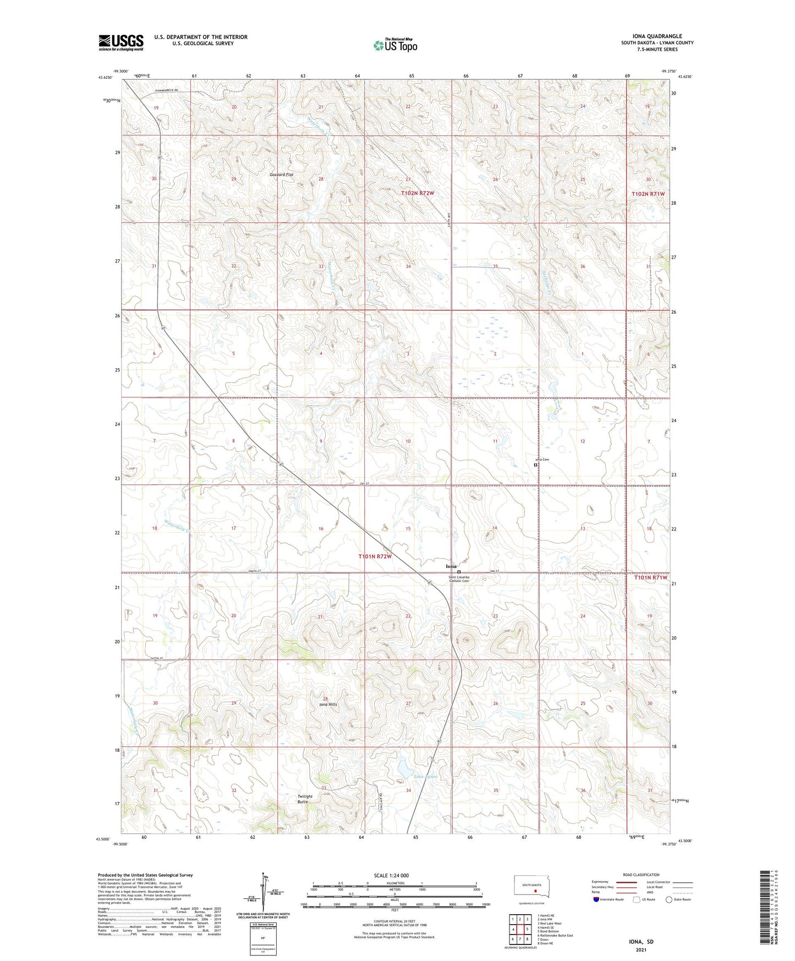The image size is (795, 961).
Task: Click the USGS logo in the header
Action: tap(121, 42)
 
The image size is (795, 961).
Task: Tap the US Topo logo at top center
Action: tap(395, 45)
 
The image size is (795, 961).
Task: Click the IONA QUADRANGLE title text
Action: tap(657, 36)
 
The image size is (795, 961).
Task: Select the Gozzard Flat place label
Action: tap(281, 174)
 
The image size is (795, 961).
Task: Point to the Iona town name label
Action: tap(451, 566)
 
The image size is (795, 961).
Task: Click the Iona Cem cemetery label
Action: tap(542, 460)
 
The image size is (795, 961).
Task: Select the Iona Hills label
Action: tap(328, 705)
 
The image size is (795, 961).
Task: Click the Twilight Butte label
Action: tap(304, 799)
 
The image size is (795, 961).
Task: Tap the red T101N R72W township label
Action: tap(375, 556)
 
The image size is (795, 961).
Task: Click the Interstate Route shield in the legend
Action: tap(596, 900)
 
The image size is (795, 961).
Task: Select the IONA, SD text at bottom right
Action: tap(641, 942)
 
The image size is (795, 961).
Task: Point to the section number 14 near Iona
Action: tap(495, 528)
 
